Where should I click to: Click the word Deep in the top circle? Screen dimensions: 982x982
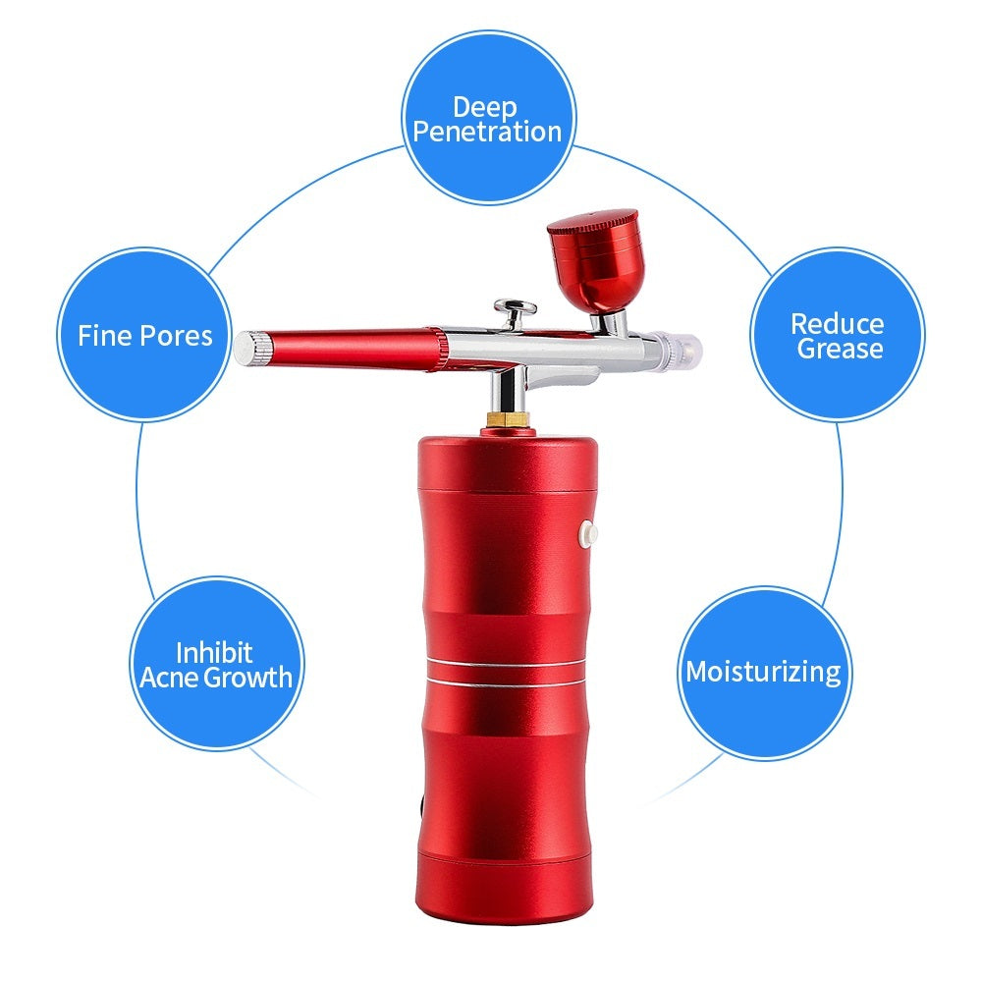(x=485, y=106)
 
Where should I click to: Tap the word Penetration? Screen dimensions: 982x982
(x=487, y=132)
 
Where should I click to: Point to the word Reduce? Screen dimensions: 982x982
(x=837, y=323)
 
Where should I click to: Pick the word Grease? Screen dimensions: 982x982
(x=840, y=349)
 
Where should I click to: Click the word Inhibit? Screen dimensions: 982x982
(x=214, y=652)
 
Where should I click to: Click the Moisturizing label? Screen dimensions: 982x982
(x=762, y=673)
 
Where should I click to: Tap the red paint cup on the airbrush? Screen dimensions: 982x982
(x=592, y=265)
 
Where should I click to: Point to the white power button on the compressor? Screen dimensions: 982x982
(x=589, y=533)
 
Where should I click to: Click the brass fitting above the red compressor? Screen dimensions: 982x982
(x=508, y=420)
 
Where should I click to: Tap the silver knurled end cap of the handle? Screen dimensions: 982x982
(x=252, y=349)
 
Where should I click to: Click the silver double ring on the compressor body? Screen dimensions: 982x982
(x=508, y=671)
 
